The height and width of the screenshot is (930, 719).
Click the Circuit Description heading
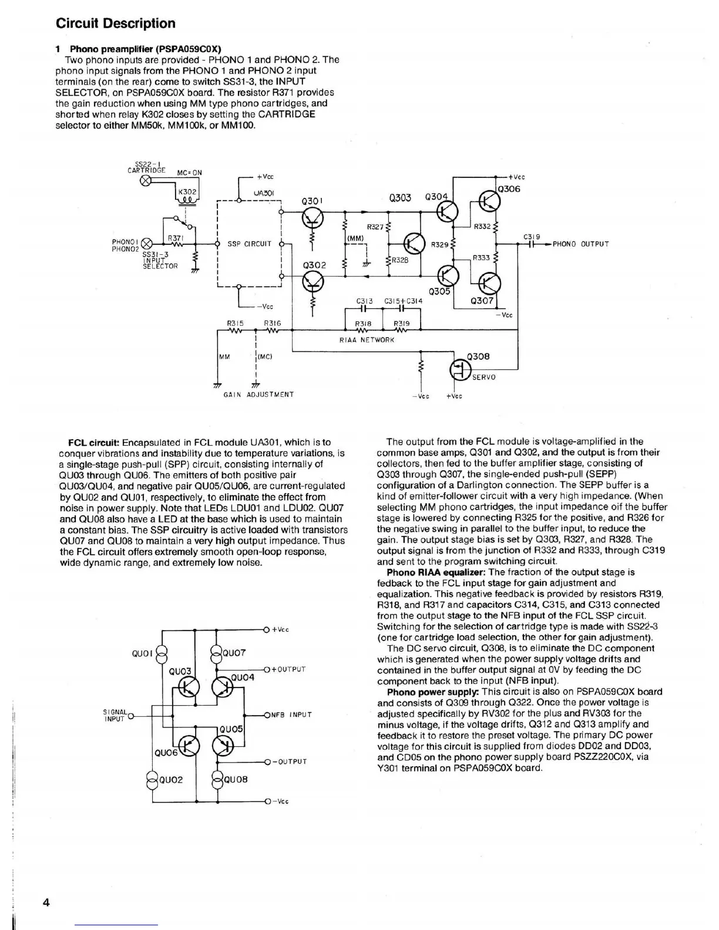click(115, 23)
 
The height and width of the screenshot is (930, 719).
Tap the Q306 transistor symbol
click(489, 202)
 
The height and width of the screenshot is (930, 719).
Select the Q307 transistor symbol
click(489, 284)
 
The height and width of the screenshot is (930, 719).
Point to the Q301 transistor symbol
click(312, 219)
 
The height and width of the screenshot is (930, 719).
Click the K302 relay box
click(187, 194)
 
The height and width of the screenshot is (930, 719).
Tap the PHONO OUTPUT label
click(580, 244)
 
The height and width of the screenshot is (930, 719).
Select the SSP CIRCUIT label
click(249, 244)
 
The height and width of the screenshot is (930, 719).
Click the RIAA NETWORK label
click(367, 340)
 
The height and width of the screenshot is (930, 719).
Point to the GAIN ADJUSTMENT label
click(258, 395)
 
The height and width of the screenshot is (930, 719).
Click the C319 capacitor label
click(531, 237)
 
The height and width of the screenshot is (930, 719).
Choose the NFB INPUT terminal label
click(291, 715)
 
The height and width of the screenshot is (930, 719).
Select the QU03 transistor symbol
click(190, 686)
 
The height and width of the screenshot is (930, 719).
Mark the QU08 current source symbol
click(217, 780)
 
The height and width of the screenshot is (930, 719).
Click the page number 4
click(45, 902)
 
